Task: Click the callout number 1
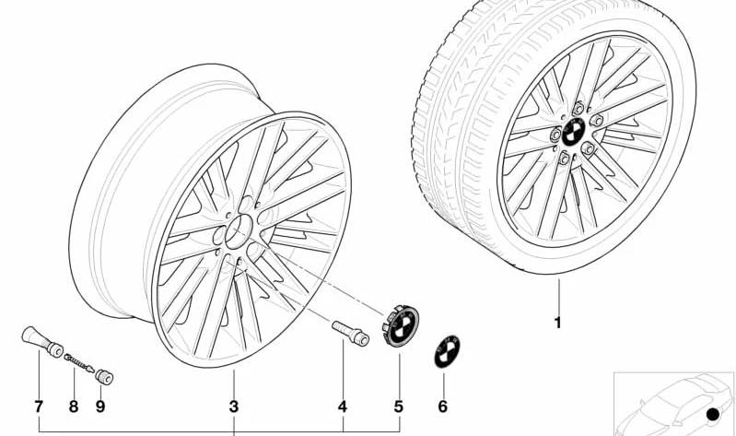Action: (x=558, y=324)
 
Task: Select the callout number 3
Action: (x=234, y=407)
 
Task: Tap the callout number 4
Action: (x=343, y=407)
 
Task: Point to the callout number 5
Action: (x=399, y=407)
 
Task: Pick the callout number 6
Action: (x=443, y=407)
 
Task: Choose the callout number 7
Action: (x=39, y=407)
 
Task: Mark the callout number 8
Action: (x=73, y=407)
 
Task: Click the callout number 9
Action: (x=100, y=407)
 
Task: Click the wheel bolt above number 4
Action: (x=350, y=333)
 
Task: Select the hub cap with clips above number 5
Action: (x=401, y=325)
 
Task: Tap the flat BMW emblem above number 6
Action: (x=447, y=351)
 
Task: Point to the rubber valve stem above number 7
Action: (x=42, y=342)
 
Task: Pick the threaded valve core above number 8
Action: (x=79, y=362)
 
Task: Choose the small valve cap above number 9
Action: (x=104, y=377)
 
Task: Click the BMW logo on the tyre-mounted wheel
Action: (x=573, y=132)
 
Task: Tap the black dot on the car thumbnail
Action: (x=713, y=414)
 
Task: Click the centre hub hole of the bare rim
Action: (x=239, y=231)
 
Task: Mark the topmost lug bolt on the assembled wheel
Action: (x=578, y=109)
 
